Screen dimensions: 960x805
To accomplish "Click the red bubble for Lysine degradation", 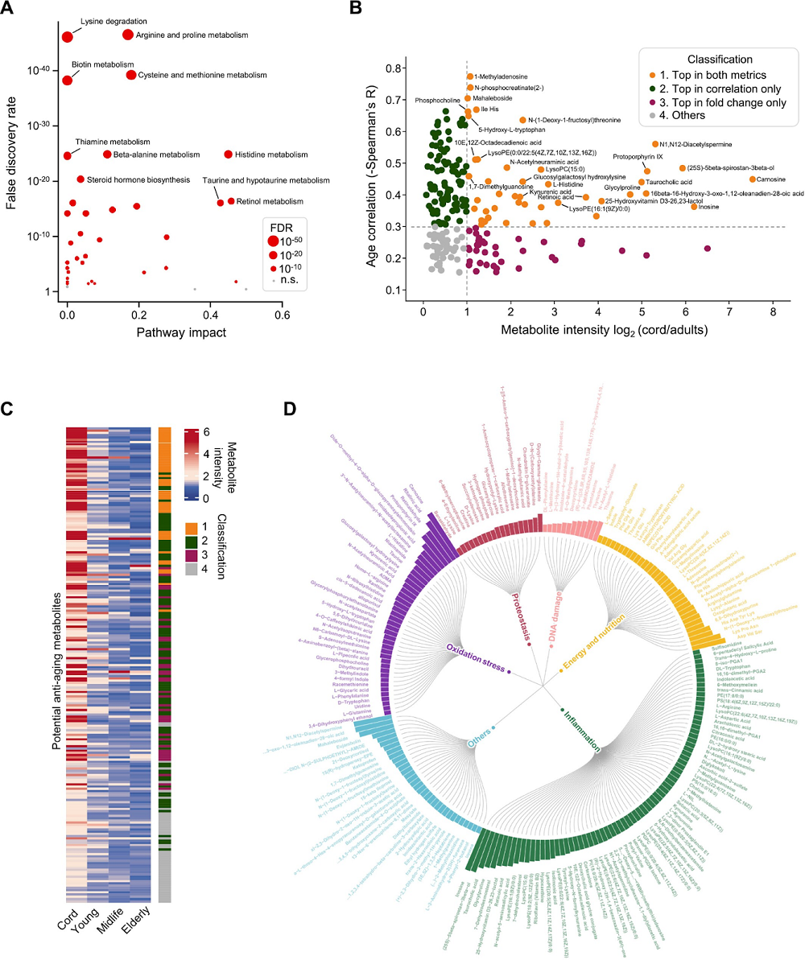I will (x=67, y=36).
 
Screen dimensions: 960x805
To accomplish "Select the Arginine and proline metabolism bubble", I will (x=127, y=35).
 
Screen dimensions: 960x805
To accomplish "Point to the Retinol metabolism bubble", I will (x=231, y=201).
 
